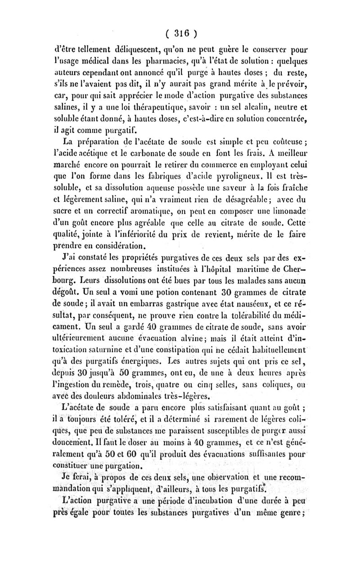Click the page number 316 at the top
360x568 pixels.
(180, 32)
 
